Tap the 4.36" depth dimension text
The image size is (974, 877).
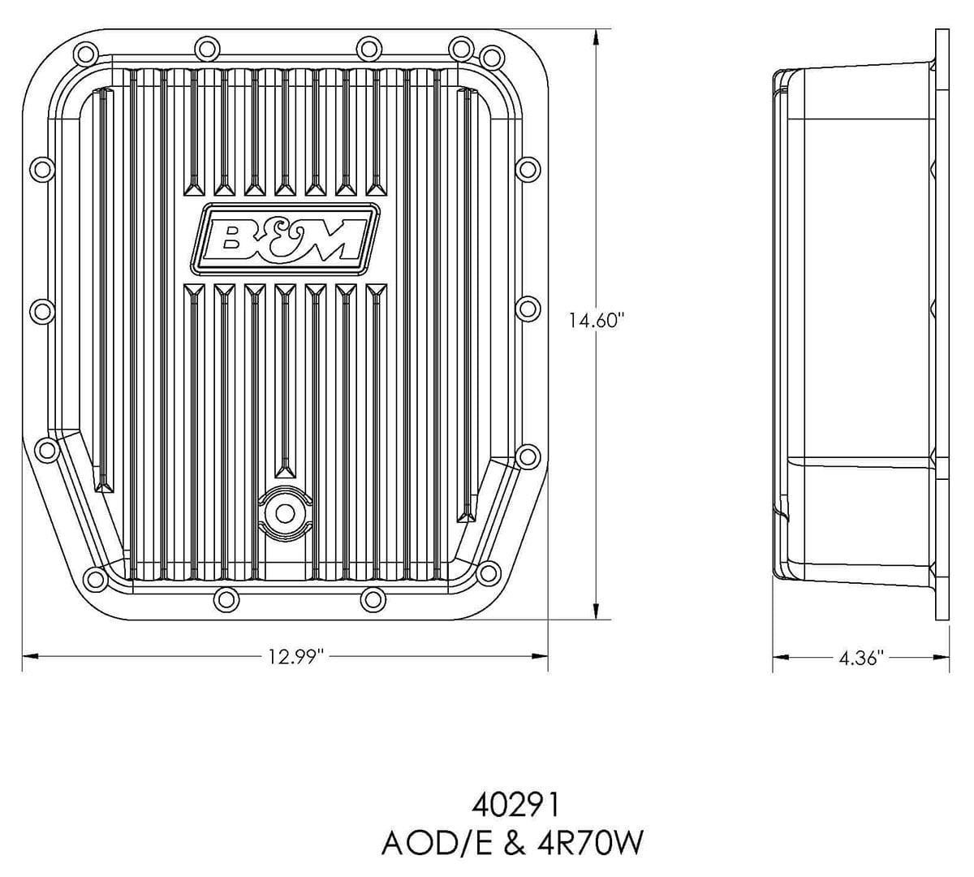860,658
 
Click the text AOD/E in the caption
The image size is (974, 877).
434,845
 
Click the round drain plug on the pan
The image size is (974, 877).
283,512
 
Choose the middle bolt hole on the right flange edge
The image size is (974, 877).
528,308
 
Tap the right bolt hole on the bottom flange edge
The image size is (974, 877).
371,599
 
